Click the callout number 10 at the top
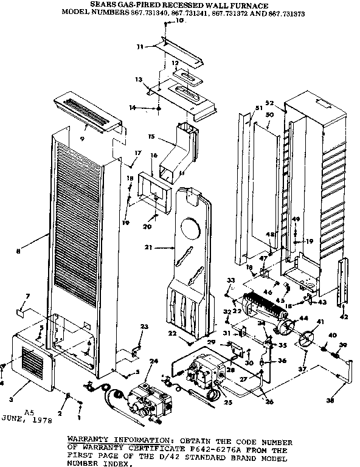pyautogui.click(x=179, y=21)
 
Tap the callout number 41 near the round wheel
pyautogui.click(x=320, y=321)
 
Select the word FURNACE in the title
pyautogui.click(x=252, y=4)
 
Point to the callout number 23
pyautogui.click(x=144, y=327)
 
